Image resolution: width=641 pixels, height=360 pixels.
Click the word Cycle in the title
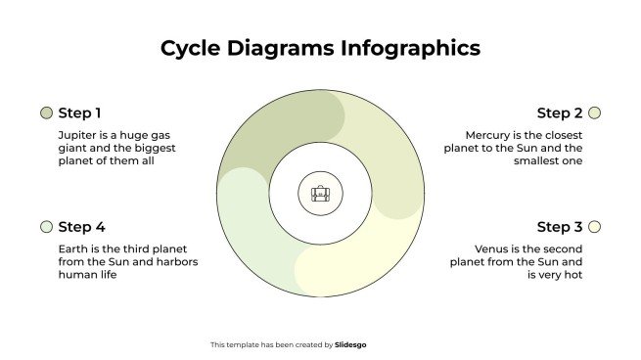pyautogui.click(x=186, y=48)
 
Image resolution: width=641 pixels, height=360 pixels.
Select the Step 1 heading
pyautogui.click(x=79, y=112)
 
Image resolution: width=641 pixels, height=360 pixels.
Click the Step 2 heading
pyautogui.click(x=559, y=112)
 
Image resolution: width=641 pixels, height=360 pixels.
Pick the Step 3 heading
pyautogui.click(x=559, y=227)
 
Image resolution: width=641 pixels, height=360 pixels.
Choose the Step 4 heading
pyautogui.click(x=81, y=227)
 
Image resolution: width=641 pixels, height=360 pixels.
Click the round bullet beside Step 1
pyautogui.click(x=46, y=112)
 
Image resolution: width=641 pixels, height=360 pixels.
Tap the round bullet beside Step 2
pyautogui.click(x=594, y=112)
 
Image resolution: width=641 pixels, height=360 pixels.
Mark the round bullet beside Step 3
pyautogui.click(x=594, y=227)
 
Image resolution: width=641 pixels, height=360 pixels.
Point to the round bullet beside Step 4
pyautogui.click(x=46, y=227)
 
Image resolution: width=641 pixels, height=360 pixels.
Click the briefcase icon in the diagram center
pyautogui.click(x=320, y=194)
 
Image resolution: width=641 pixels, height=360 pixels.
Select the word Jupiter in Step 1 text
pyautogui.click(x=77, y=134)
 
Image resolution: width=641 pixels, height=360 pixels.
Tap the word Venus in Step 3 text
pyautogui.click(x=493, y=248)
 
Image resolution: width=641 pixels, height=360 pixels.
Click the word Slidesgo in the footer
pyautogui.click(x=350, y=344)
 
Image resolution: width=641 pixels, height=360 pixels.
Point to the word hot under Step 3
pyautogui.click(x=573, y=275)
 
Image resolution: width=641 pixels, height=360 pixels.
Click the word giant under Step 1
pyautogui.click(x=74, y=148)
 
